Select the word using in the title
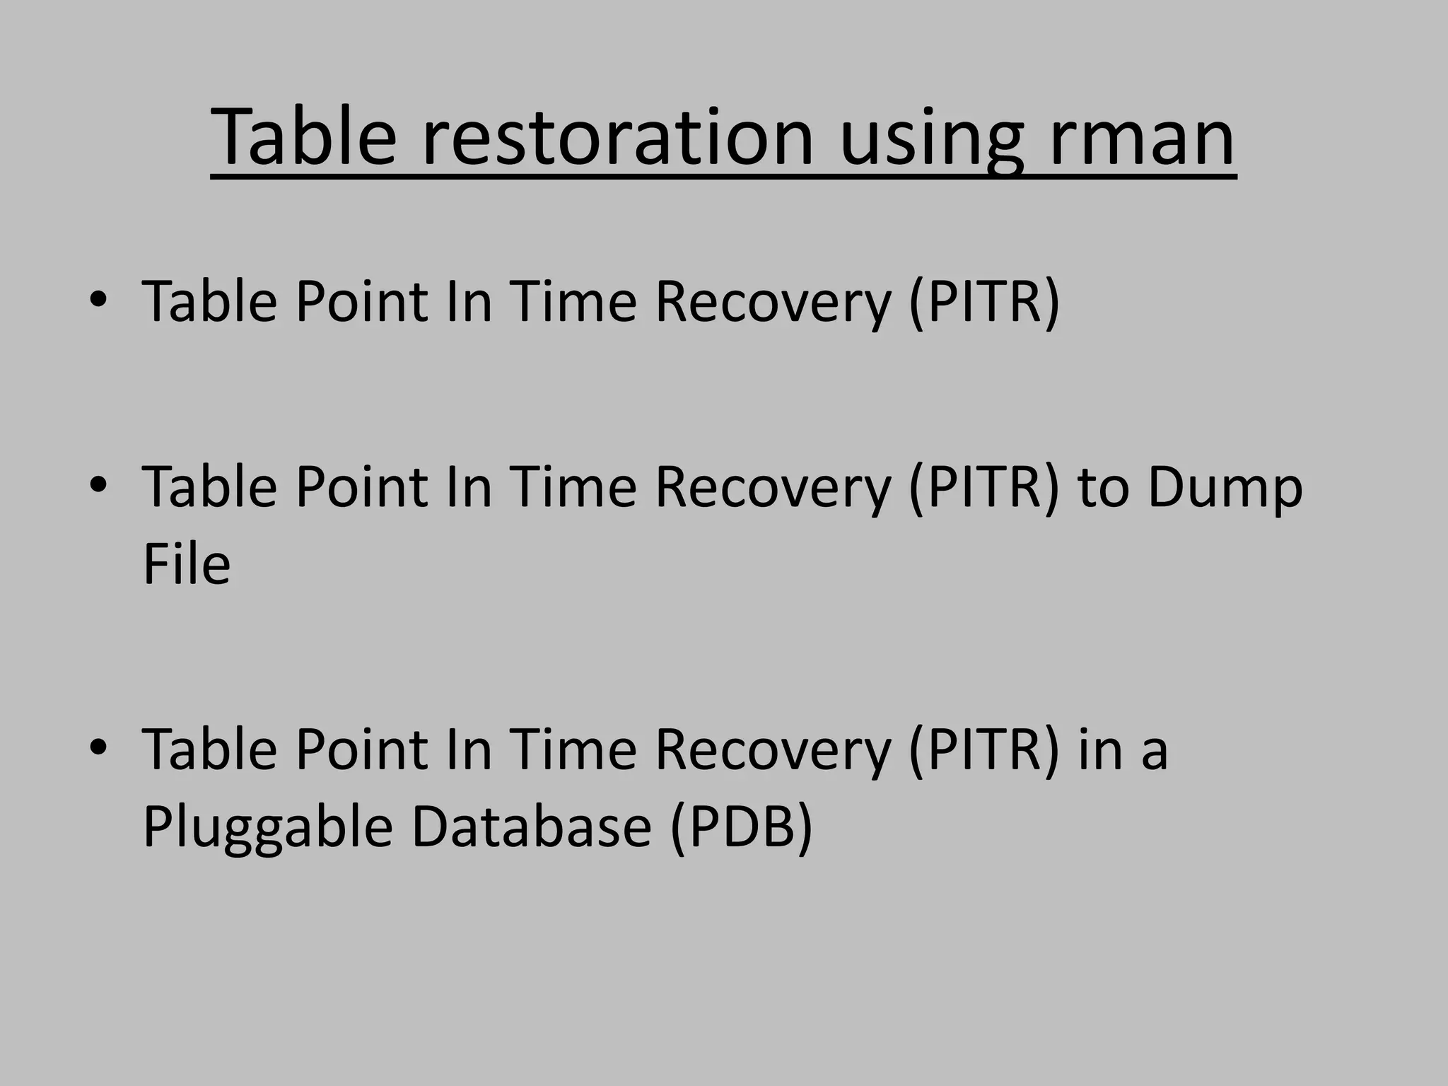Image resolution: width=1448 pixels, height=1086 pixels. click(x=931, y=140)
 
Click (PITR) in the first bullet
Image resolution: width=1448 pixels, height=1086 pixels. click(x=984, y=302)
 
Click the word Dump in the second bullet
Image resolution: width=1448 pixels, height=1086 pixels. click(x=1225, y=487)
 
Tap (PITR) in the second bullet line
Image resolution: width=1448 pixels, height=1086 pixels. click(x=984, y=487)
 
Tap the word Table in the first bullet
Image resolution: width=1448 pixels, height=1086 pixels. click(x=209, y=301)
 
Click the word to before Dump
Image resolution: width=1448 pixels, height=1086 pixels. click(x=1103, y=488)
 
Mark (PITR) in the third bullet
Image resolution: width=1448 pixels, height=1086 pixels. click(x=984, y=749)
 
